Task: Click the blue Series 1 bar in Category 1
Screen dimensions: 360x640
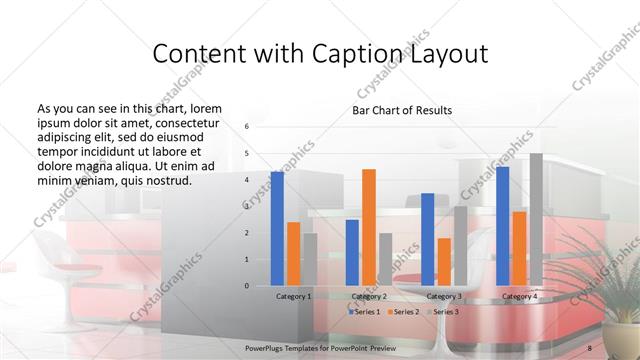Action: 277,229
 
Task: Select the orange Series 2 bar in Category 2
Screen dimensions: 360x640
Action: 369,227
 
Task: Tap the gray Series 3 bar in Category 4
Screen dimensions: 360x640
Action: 536,220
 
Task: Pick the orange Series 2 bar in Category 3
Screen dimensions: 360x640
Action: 444,262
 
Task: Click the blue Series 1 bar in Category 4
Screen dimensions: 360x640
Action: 502,226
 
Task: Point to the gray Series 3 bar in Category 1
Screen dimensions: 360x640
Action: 310,259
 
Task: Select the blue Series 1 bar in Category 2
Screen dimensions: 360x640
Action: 352,253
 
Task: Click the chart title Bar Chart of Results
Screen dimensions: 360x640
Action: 402,110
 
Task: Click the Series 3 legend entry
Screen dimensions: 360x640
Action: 444,312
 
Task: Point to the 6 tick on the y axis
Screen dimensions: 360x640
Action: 247,126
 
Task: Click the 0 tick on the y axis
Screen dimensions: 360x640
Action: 247,286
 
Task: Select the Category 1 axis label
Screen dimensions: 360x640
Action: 293,297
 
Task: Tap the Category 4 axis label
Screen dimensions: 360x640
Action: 519,297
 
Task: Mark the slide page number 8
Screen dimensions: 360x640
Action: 590,343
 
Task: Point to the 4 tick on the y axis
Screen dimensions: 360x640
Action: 247,179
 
